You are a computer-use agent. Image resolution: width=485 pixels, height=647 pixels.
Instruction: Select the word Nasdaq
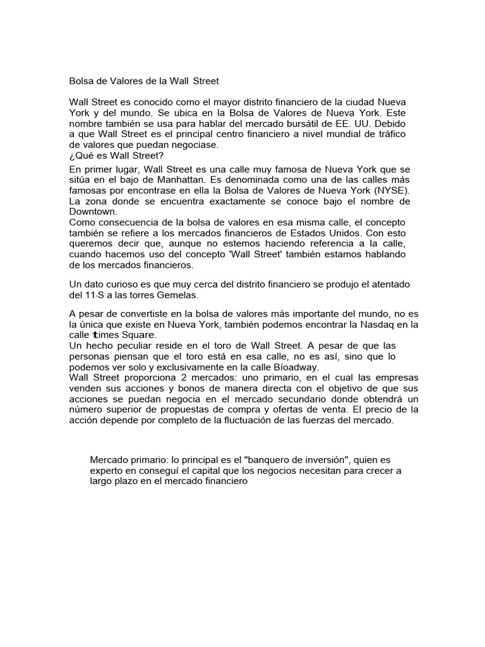tap(366, 325)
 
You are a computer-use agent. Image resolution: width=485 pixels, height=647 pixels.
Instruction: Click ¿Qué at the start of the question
tap(80, 156)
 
